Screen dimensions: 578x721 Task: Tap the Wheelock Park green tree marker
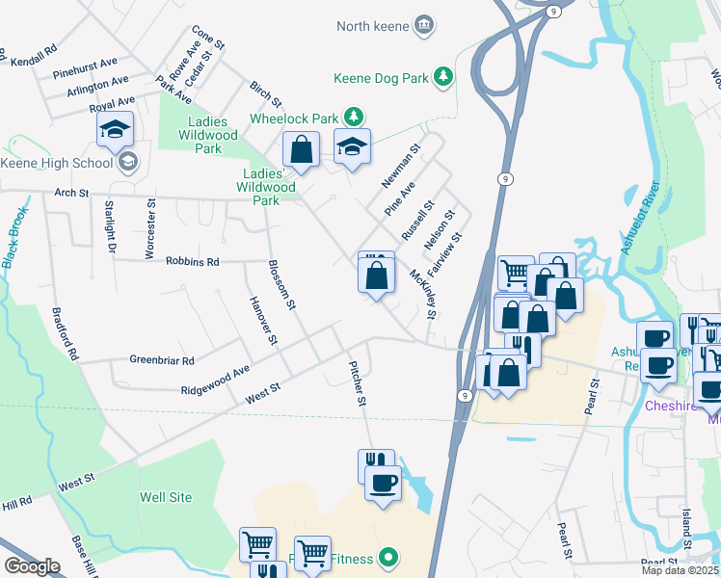[354, 118]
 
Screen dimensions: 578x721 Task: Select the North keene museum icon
[423, 25]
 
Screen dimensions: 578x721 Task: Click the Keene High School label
[58, 163]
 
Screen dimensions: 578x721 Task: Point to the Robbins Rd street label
[193, 261]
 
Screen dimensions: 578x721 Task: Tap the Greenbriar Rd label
[162, 360]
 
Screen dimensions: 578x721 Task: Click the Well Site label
[166, 497]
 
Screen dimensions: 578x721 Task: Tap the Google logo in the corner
[32, 566]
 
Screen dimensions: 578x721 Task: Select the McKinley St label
[424, 293]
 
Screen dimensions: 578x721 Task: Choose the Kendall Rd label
[33, 56]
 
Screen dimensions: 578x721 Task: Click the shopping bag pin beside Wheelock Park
[301, 150]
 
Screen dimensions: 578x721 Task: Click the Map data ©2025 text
[680, 570]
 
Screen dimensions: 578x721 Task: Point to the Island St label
[686, 530]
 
